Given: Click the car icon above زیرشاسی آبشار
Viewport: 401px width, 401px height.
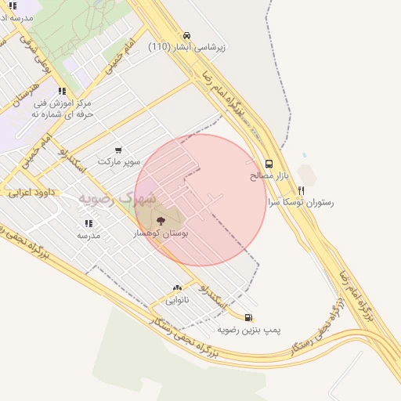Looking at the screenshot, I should coord(186,35).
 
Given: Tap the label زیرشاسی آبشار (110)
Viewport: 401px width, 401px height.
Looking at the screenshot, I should coord(187,47).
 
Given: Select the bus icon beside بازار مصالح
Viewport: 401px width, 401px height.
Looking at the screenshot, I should coord(269,164).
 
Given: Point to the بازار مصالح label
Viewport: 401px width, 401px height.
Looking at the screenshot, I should coord(269,176).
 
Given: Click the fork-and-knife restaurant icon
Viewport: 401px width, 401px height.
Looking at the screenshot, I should coord(301,190).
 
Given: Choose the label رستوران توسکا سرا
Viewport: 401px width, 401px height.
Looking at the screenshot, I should coord(301,202).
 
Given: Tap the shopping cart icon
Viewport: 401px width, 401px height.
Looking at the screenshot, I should coord(118,150).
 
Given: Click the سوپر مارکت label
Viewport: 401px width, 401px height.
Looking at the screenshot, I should coord(119,161).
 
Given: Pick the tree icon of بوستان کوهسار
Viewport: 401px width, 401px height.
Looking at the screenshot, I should coord(161,221).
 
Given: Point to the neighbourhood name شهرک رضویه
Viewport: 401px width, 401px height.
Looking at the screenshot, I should coord(117,199).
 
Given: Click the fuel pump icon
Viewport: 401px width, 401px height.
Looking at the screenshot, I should coord(249,317).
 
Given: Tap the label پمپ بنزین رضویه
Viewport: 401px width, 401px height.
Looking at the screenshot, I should coord(249,329).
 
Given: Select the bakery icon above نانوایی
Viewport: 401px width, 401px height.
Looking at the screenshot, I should coord(177,288).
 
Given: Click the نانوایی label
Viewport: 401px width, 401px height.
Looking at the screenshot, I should coord(176,300).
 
